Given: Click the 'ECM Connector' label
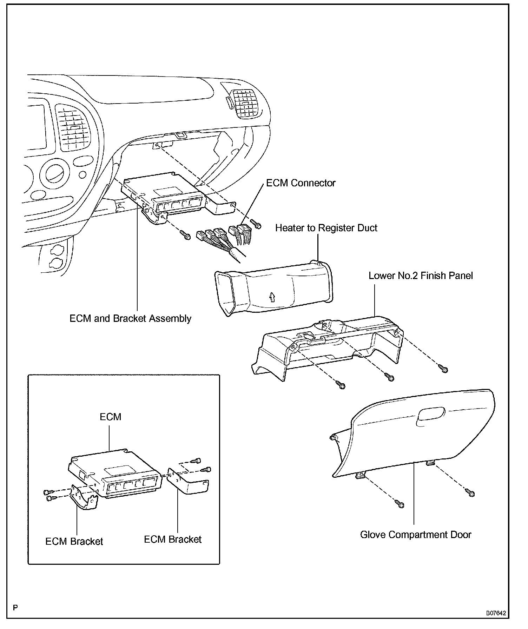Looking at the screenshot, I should tap(301, 183).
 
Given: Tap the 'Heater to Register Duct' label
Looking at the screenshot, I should tap(326, 228).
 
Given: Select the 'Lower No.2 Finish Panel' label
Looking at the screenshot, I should tap(421, 276).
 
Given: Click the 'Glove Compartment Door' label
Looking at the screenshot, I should tap(416, 535).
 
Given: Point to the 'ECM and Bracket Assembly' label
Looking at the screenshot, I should tap(130, 318).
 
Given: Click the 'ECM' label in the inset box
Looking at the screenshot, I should tap(111, 417).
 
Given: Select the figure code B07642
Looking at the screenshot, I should tap(496, 613).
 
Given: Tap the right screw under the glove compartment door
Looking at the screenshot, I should tap(471, 493).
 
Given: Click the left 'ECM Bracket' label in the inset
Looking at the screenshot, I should tap(74, 541).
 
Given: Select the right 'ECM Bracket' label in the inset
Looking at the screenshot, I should tap(173, 539).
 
